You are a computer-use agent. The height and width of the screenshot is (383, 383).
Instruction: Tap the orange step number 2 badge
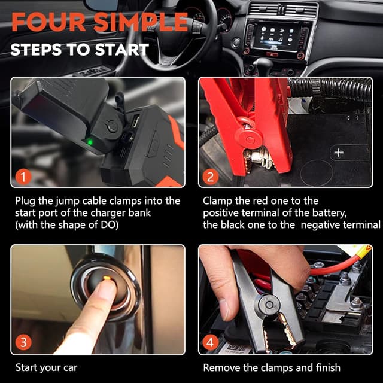click(210, 177)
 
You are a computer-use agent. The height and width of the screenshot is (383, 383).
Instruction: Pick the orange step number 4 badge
click(210, 343)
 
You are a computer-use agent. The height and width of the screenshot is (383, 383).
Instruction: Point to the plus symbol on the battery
click(339, 153)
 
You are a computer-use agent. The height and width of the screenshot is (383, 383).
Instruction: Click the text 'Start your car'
click(46, 367)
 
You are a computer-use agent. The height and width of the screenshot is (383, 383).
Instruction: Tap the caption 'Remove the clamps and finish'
click(272, 367)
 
